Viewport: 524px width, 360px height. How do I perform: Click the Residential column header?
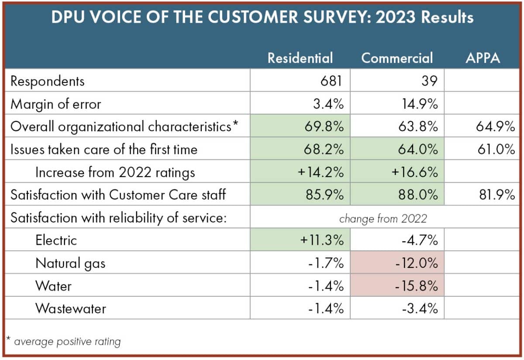tap(300, 58)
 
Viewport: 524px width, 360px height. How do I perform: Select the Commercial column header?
tap(397, 58)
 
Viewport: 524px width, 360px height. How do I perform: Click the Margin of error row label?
tap(55, 104)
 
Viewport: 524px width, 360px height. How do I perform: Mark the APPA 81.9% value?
tap(496, 195)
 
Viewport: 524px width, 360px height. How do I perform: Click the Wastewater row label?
tap(71, 309)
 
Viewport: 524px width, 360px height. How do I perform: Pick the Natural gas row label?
tap(70, 263)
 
